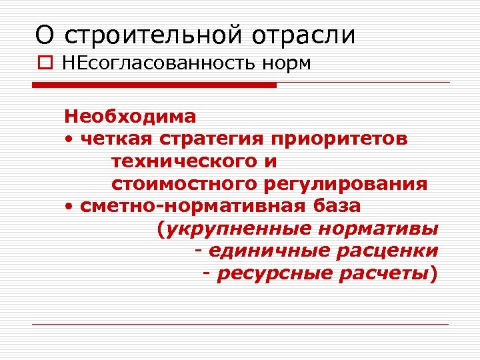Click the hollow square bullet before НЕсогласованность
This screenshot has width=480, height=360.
tap(43, 65)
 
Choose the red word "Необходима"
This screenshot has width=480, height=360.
tap(130, 117)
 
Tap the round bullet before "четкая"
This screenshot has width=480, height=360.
tap(69, 139)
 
